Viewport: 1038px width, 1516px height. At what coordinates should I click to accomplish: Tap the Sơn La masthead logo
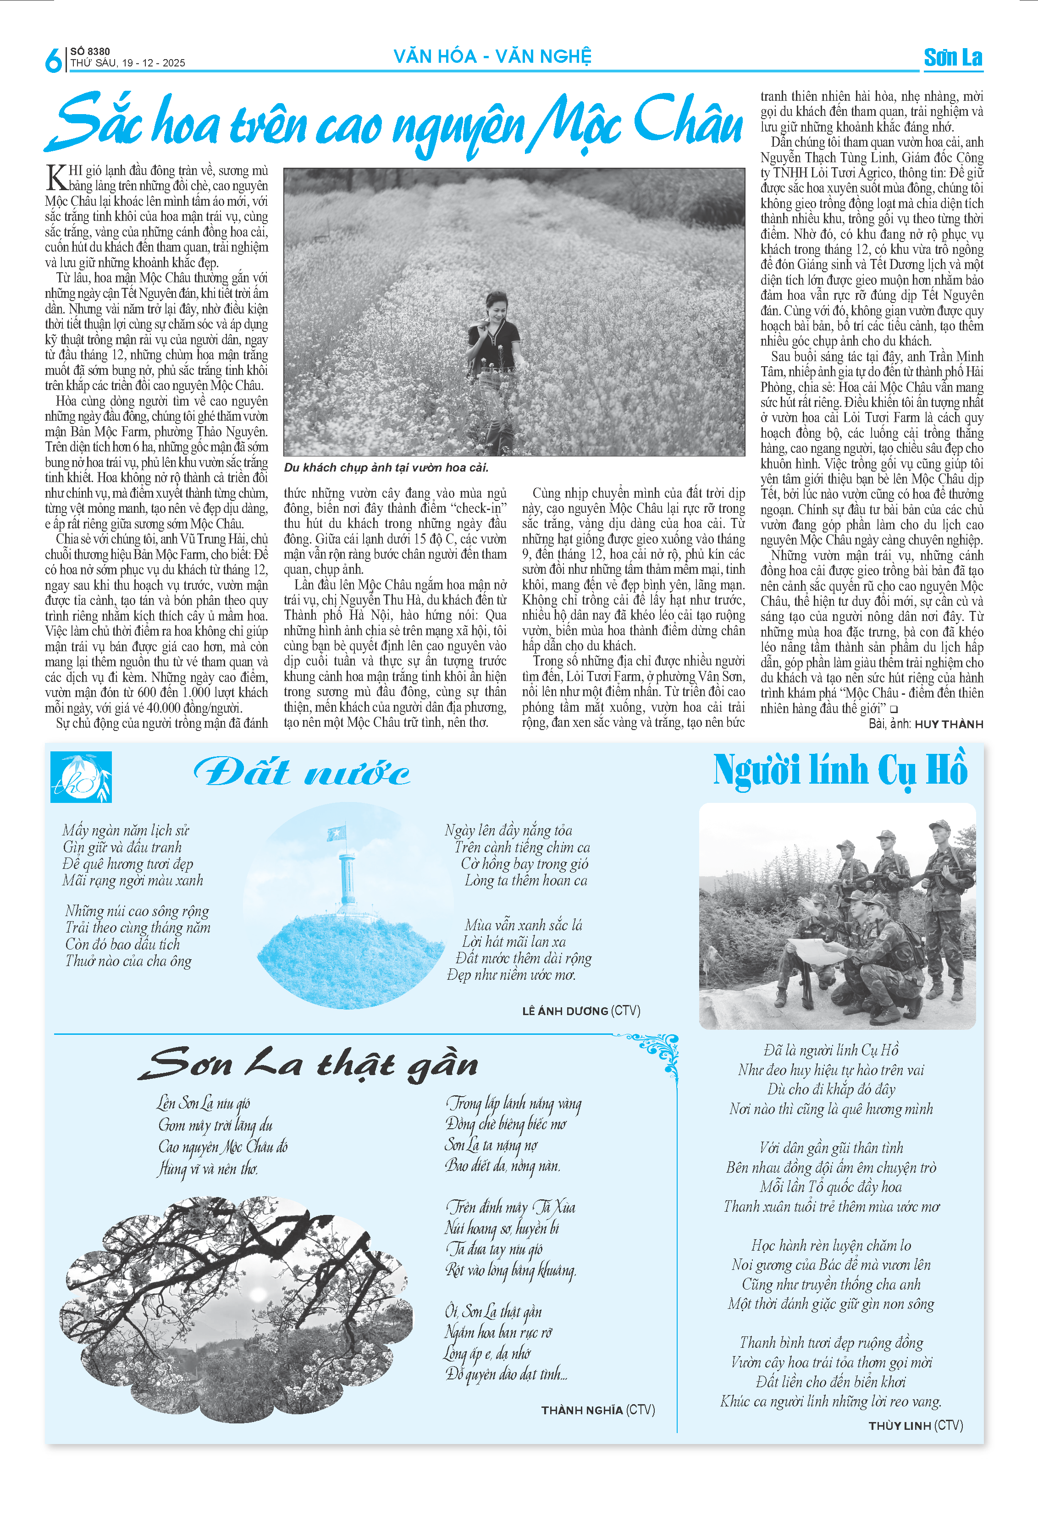(953, 57)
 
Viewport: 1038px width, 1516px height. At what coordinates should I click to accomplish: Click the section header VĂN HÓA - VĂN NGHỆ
(492, 57)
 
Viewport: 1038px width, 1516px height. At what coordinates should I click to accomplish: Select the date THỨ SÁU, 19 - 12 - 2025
(128, 63)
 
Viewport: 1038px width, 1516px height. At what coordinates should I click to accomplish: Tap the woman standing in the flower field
(494, 336)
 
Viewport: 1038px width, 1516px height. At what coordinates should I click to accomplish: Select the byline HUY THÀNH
(949, 724)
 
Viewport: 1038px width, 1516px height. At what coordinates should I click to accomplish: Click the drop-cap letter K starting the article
(56, 177)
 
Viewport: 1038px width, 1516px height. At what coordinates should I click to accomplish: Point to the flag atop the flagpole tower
(337, 833)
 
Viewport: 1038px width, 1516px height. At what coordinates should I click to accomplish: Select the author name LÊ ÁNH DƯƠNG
(565, 1011)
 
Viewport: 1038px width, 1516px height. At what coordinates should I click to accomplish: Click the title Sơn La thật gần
(308, 1064)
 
